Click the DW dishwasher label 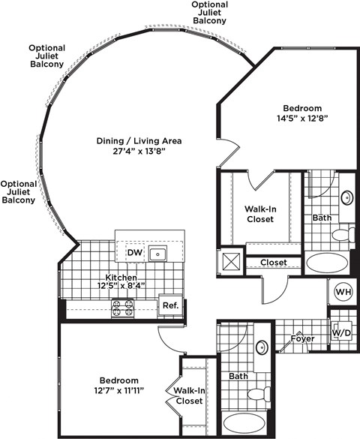tap(134, 254)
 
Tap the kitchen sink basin tap(157, 254)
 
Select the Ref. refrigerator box tap(169, 305)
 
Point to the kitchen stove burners tap(122, 307)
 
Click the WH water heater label tap(343, 292)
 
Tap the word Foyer tap(303, 339)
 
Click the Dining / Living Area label tap(139, 140)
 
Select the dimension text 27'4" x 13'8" tap(139, 152)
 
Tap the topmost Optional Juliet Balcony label tap(209, 13)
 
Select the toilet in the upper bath tap(341, 235)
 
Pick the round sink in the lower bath tap(260, 347)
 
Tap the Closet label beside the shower tap(274, 263)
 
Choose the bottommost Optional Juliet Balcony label tap(19, 192)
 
